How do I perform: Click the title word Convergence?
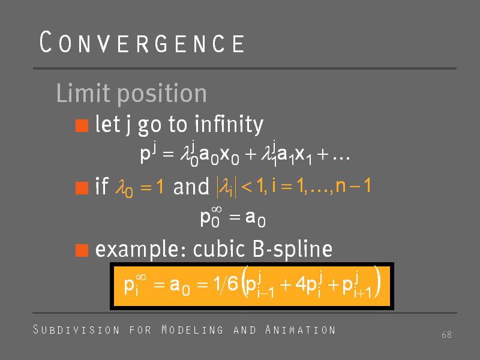pos(142,42)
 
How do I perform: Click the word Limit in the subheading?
pos(83,93)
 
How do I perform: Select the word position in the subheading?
pos(162,94)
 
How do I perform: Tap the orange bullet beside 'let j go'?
pos(82,125)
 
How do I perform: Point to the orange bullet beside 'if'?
pos(82,188)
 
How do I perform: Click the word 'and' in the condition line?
pos(191,187)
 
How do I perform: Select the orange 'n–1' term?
pos(353,185)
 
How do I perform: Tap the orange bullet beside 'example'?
pos(82,250)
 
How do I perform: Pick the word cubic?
pos(219,248)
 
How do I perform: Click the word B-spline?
pos(292,249)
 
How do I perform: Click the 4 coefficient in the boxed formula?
pos(300,284)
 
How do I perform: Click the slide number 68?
pos(446,335)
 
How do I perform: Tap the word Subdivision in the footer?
pos(76,329)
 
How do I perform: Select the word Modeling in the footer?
pos(192,329)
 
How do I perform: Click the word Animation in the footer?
pos(301,329)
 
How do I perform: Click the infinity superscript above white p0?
pos(217,209)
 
